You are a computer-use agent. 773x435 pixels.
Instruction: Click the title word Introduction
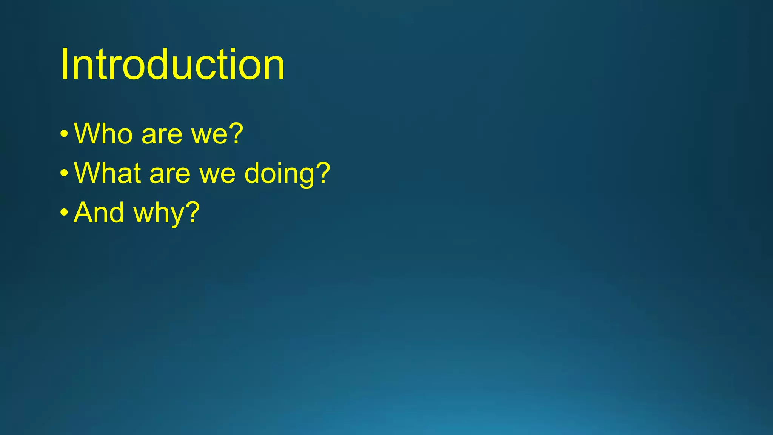[x=172, y=65]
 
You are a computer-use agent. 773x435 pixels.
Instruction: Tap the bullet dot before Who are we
[x=64, y=134]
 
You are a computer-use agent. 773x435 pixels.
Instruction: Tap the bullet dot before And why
[x=64, y=212]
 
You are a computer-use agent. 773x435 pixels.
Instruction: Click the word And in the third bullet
[x=99, y=212]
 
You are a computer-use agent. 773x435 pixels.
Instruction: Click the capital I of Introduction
[x=64, y=65]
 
